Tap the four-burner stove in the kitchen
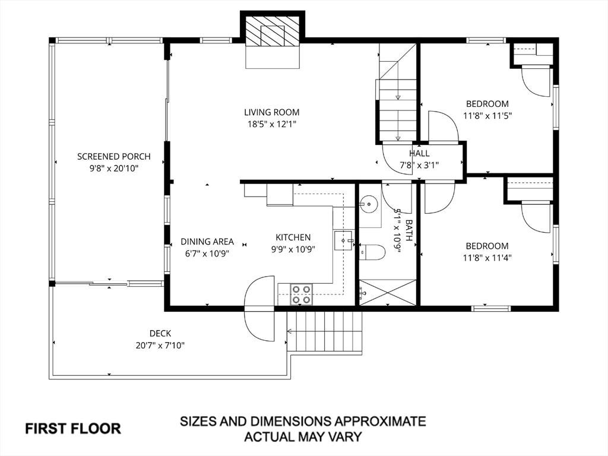tap(302, 294)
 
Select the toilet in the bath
tap(372, 252)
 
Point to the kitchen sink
tap(344, 240)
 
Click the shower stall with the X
tap(387, 292)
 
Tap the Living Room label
tap(272, 112)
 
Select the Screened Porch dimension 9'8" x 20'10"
tap(114, 169)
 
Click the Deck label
tap(160, 333)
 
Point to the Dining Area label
tap(207, 242)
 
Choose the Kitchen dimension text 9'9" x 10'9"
tap(293, 249)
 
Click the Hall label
tap(419, 154)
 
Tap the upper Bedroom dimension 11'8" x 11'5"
tap(488, 116)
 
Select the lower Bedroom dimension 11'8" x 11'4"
tap(487, 258)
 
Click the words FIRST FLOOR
tap(73, 429)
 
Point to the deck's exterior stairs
tap(325, 332)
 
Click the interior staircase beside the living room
tap(397, 93)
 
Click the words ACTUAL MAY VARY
tap(303, 437)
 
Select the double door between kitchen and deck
tap(259, 308)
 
